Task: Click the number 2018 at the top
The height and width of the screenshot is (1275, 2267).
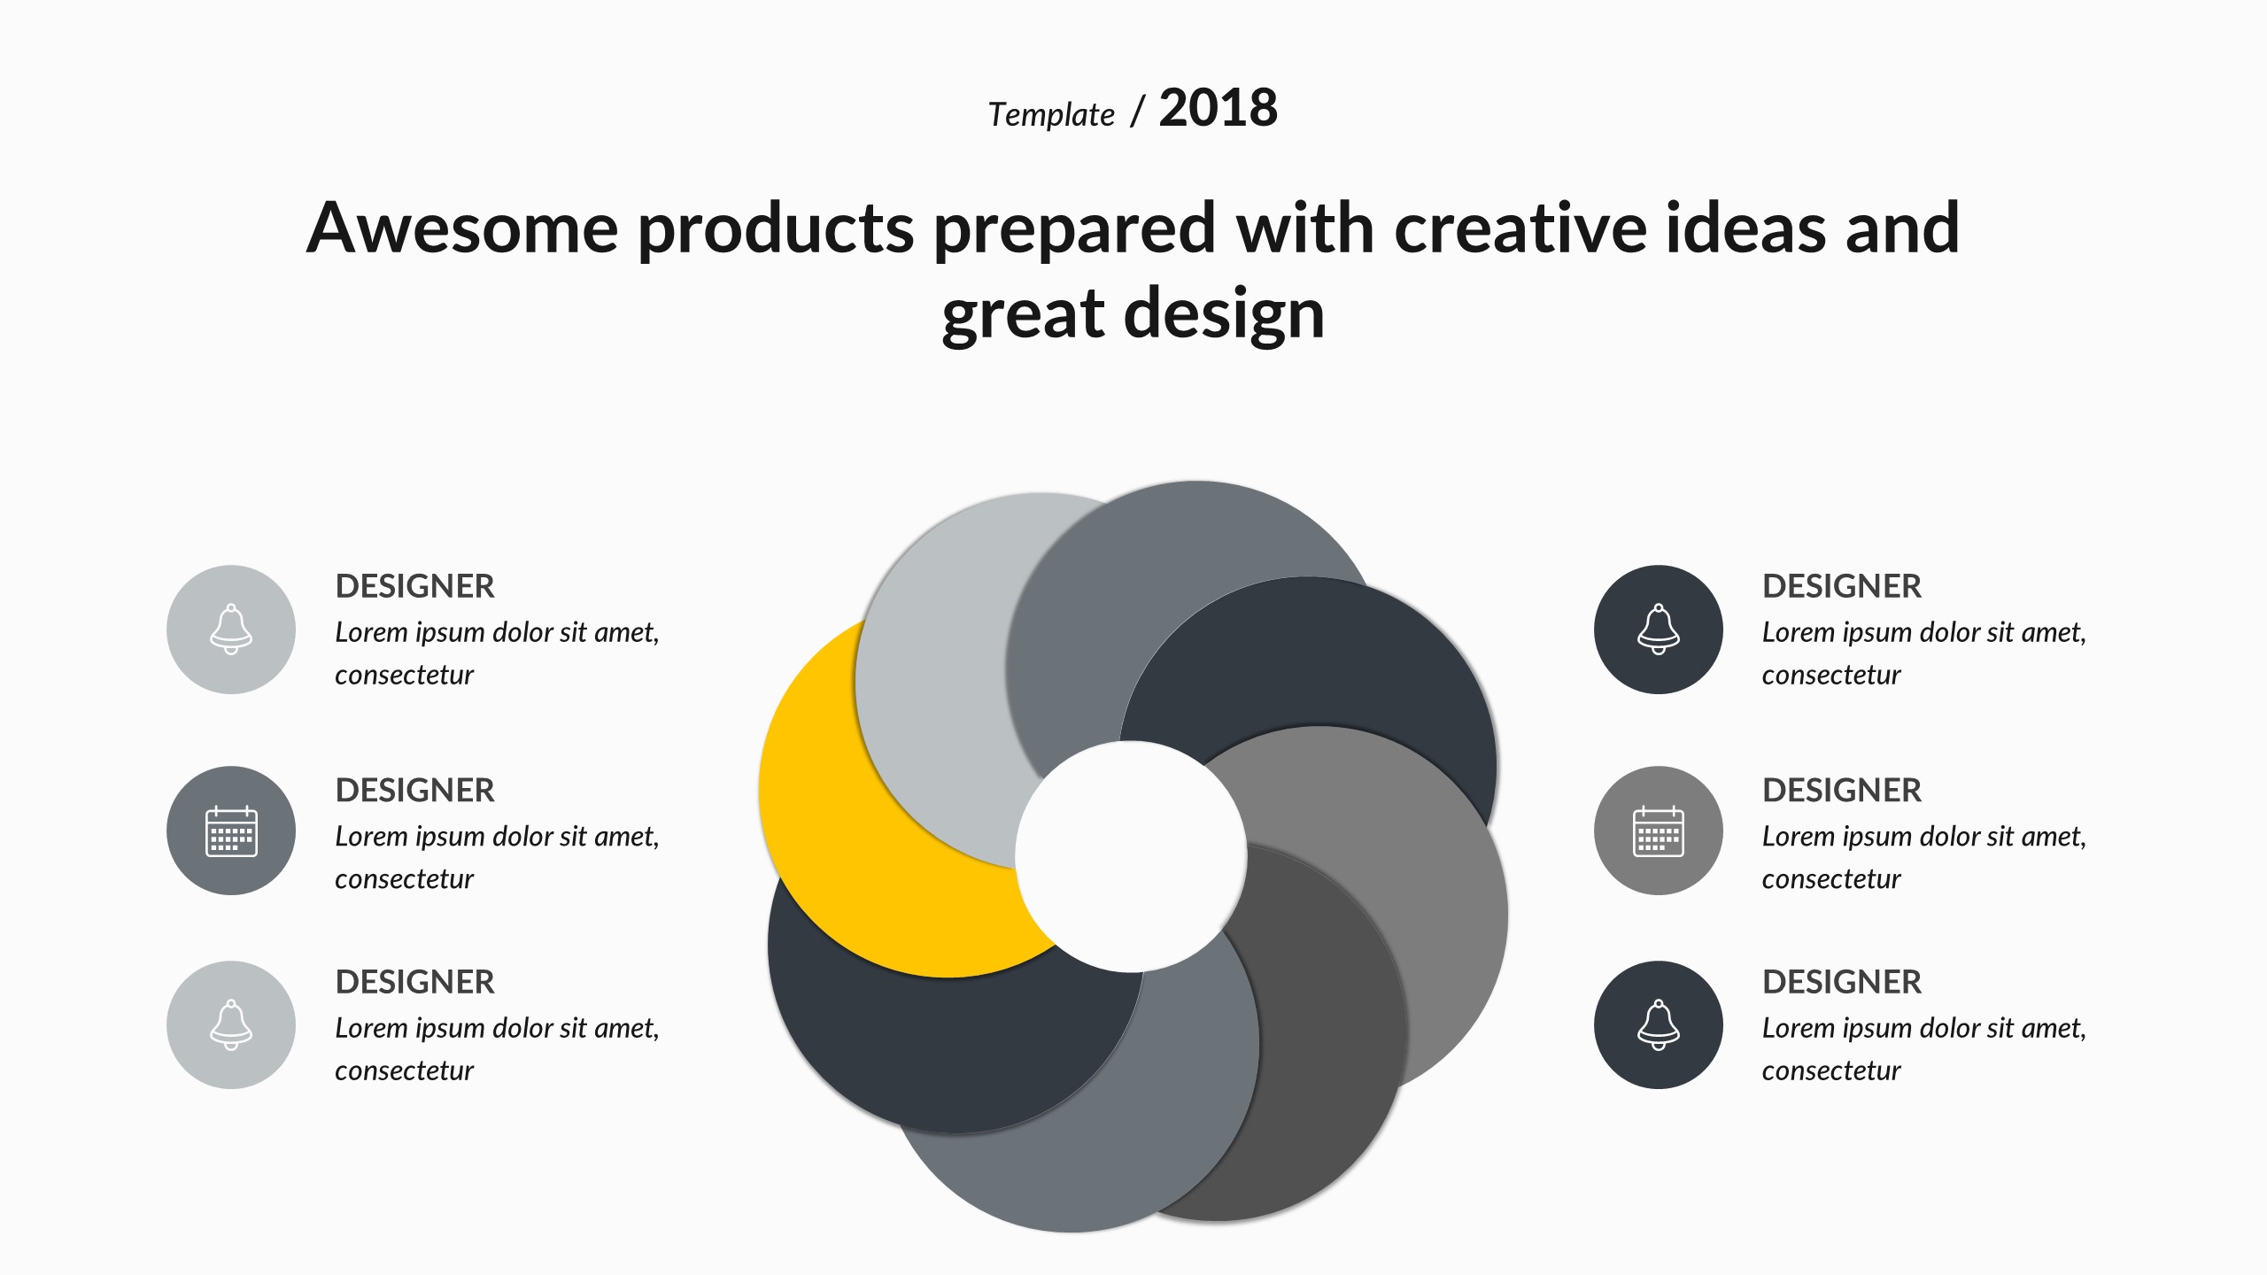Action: point(1218,108)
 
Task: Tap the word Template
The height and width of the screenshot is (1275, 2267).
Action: point(1051,115)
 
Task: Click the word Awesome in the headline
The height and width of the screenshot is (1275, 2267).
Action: point(462,228)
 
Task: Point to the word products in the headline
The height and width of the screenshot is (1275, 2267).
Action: point(776,231)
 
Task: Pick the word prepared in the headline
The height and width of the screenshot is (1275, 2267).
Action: point(1075,231)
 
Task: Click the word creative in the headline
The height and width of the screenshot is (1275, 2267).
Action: point(1520,228)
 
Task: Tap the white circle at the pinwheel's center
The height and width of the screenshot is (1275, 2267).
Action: point(1131,856)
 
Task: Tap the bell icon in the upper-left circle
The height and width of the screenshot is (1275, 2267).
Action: point(231,630)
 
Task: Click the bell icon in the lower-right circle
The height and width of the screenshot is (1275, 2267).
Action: point(1659,1025)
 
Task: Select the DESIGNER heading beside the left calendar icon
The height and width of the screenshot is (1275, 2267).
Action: point(414,790)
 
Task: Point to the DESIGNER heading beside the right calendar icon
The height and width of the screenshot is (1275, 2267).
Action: point(1842,790)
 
